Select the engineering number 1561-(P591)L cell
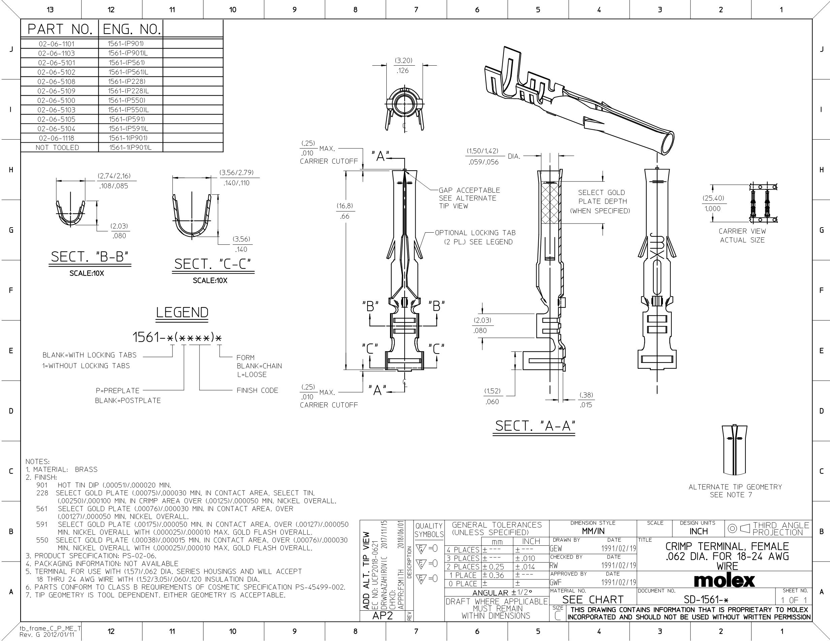[x=128, y=129]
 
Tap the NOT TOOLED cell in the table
[x=57, y=148]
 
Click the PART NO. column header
[x=60, y=29]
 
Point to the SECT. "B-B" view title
[x=90, y=257]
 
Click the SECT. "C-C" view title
[x=213, y=264]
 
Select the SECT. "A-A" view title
[x=535, y=426]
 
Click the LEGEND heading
[x=183, y=312]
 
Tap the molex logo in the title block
[x=724, y=580]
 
